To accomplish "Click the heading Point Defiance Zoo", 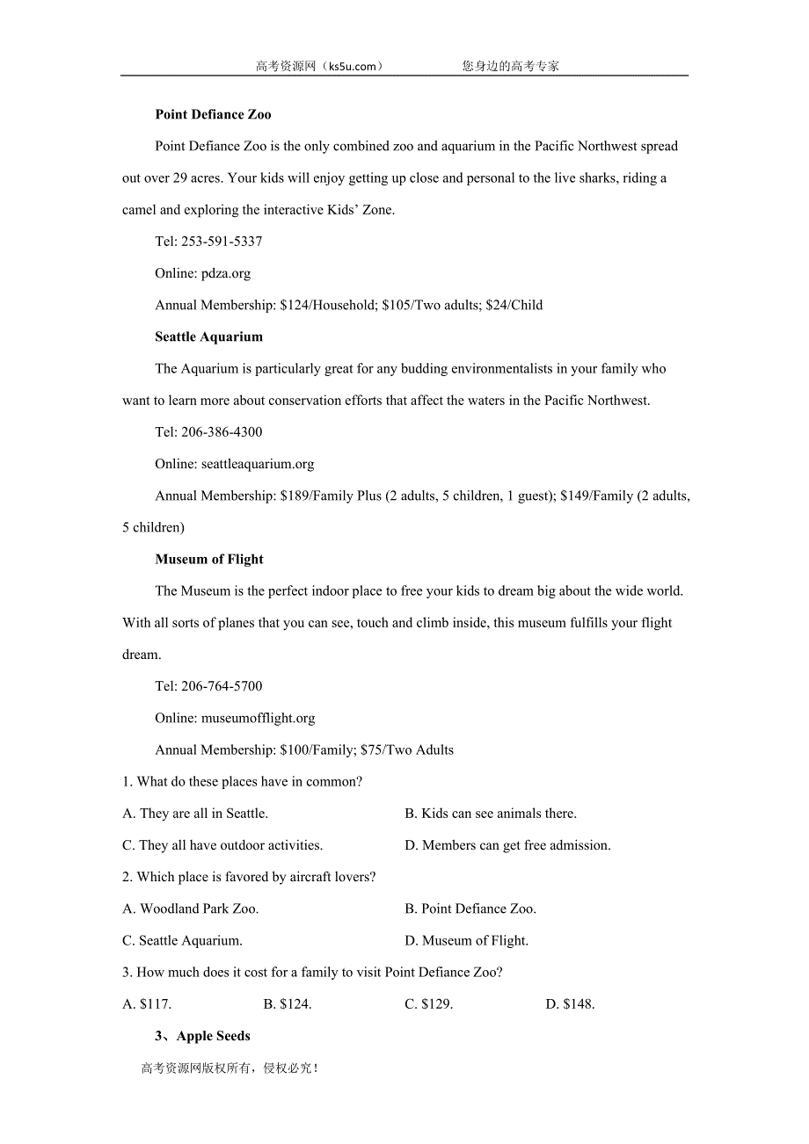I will pyautogui.click(x=213, y=114).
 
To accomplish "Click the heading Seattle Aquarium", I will pyautogui.click(x=208, y=337).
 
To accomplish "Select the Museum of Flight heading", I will pyautogui.click(x=209, y=559).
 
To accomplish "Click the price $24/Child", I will pyautogui.click(x=514, y=305).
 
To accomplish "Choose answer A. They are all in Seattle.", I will pyautogui.click(x=195, y=814).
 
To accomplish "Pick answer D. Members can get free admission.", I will pyautogui.click(x=507, y=845).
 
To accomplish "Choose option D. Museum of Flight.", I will pyautogui.click(x=466, y=940).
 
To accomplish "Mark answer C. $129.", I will pyautogui.click(x=428, y=1003).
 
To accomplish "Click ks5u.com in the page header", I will pyautogui.click(x=353, y=66).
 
